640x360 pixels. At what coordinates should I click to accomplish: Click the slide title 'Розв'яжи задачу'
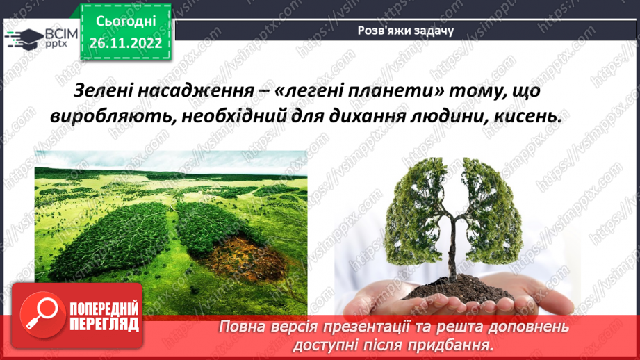coord(405,30)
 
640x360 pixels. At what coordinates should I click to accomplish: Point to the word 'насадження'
coord(194,91)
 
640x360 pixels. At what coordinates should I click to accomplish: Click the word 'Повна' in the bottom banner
coord(246,326)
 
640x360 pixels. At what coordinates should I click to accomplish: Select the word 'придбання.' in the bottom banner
coord(459,344)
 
